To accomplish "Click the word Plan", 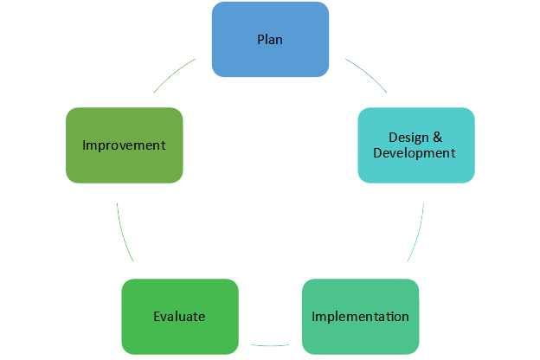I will pos(270,40).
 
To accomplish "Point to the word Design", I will pos(406,137).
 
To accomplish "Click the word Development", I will pos(414,153).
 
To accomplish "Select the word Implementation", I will pos(360,316).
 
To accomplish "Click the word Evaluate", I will pos(179,316).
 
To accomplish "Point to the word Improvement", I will pos(124,145).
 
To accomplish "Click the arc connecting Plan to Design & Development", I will pos(369,74).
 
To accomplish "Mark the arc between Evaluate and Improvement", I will pos(122,234).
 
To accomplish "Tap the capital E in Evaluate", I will pos(157,316).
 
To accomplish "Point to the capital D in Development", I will pos(377,153).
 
